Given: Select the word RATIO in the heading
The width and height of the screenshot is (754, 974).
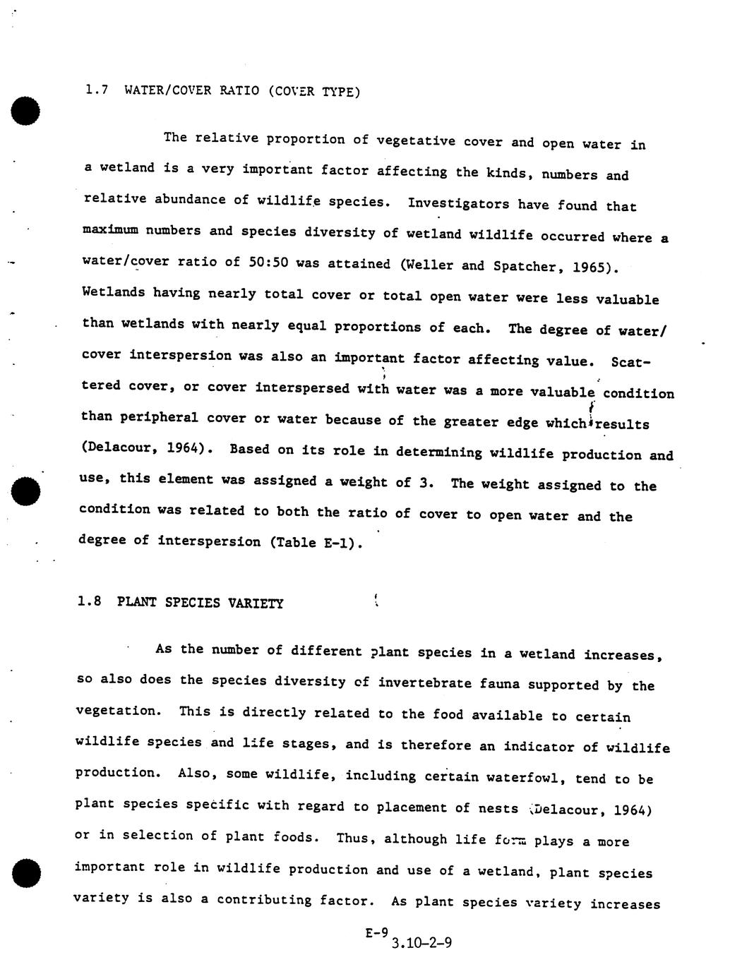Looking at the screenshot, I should (239, 90).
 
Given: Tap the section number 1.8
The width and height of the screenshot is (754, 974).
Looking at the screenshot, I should (90, 601).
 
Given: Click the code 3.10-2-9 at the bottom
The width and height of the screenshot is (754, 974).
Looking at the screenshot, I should (421, 943).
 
